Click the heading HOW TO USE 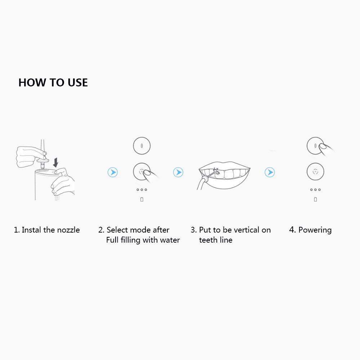53,83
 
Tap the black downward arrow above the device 55,163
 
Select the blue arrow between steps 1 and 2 113,172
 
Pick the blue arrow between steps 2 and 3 178,172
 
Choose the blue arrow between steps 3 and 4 270,172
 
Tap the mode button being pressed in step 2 142,171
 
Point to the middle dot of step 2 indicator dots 142,190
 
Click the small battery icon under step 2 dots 142,199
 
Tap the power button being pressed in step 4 315,146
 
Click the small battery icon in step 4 315,199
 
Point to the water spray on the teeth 216,172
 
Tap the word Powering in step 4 315,230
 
